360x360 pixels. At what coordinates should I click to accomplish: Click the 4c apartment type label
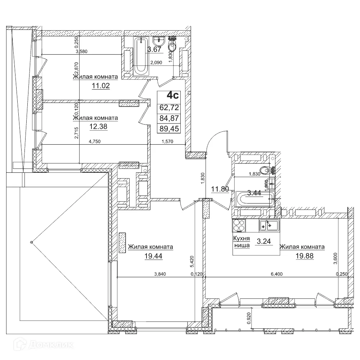pos(172,95)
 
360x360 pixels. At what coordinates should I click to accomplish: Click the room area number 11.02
pos(100,86)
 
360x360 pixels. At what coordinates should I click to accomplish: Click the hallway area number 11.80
pos(220,189)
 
